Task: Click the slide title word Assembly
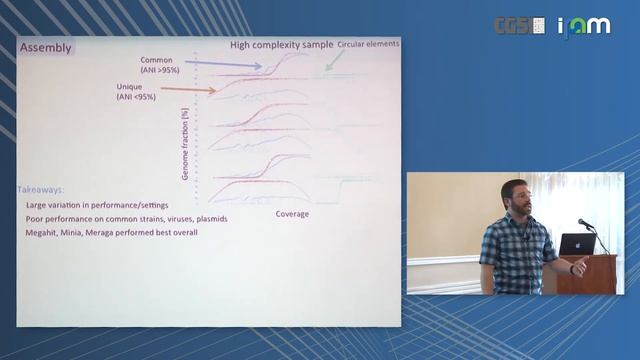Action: click(46, 47)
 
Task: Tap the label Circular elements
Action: click(368, 44)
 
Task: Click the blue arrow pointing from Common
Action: click(224, 64)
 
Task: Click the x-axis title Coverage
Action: click(292, 213)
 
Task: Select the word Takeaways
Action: click(41, 189)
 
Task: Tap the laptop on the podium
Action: click(578, 243)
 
